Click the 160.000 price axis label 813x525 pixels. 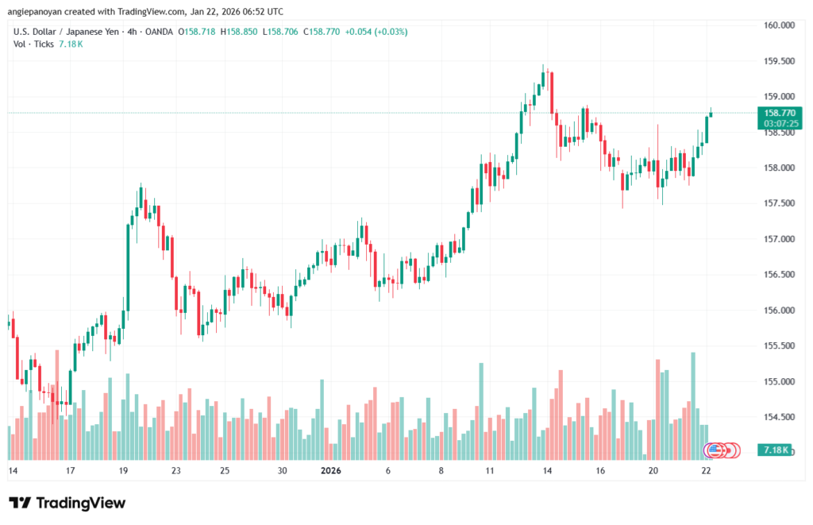778,25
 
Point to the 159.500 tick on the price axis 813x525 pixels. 778,61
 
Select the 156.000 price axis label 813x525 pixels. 778,311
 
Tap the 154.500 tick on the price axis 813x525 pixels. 778,417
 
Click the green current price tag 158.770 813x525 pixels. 778,113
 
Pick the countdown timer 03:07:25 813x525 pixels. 778,124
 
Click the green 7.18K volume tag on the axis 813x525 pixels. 774,450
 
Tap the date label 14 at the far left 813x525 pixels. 13,471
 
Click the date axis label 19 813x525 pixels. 123,471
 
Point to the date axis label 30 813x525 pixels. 283,471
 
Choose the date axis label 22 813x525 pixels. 707,471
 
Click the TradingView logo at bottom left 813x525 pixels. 67,503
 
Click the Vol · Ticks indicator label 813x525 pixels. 34,44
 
